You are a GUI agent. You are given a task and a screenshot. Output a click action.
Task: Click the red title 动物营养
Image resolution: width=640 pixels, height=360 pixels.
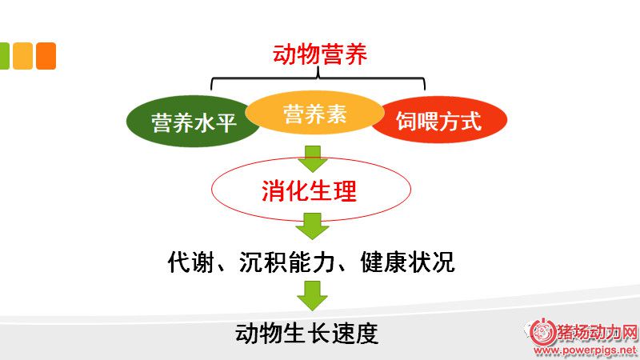pyautogui.click(x=319, y=54)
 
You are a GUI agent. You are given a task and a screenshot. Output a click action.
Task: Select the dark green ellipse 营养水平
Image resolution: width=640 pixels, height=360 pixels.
pyautogui.click(x=192, y=122)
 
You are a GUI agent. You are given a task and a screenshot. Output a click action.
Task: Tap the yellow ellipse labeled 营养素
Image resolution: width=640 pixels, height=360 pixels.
pyautogui.click(x=314, y=113)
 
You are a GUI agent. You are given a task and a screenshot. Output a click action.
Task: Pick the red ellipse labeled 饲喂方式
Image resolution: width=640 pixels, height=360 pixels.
pyautogui.click(x=439, y=120)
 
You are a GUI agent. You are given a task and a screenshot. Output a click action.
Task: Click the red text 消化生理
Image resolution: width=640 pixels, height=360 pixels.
pyautogui.click(x=309, y=190)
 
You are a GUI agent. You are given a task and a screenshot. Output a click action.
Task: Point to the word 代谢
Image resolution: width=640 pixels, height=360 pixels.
pyautogui.click(x=190, y=262)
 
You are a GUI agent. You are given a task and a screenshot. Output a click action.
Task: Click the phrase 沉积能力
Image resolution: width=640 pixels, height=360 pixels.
pyautogui.click(x=287, y=262)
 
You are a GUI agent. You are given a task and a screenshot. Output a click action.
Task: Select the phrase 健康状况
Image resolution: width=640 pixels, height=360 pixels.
pyautogui.click(x=407, y=262)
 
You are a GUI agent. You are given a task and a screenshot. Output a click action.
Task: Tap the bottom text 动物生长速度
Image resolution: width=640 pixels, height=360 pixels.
pyautogui.click(x=306, y=334)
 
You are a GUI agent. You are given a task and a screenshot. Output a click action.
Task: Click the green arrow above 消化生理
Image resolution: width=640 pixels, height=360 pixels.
pyautogui.click(x=313, y=158)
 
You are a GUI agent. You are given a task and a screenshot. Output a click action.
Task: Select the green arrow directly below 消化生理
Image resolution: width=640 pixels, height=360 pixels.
pyautogui.click(x=312, y=226)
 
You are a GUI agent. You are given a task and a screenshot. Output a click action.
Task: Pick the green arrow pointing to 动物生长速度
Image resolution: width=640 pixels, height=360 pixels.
pyautogui.click(x=312, y=295)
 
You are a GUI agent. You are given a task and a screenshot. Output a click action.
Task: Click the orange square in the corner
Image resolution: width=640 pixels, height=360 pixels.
pyautogui.click(x=46, y=56)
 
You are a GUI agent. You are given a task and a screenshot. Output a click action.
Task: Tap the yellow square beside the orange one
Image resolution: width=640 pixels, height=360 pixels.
pyautogui.click(x=23, y=56)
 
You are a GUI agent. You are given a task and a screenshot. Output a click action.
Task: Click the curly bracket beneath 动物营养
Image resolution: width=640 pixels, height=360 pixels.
pyautogui.click(x=318, y=78)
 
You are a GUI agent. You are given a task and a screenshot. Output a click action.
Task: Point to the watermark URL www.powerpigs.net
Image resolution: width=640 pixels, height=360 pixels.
pyautogui.click(x=586, y=350)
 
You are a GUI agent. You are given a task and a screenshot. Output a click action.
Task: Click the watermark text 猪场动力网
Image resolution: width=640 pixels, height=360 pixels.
pyautogui.click(x=597, y=333)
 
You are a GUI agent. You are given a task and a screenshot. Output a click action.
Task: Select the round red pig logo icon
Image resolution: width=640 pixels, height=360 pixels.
pyautogui.click(x=543, y=332)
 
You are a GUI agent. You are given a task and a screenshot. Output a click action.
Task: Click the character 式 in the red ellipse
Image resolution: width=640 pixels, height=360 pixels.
pyautogui.click(x=471, y=121)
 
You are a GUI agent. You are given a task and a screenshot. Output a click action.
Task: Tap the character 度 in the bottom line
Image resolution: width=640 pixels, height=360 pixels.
pyautogui.click(x=366, y=334)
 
